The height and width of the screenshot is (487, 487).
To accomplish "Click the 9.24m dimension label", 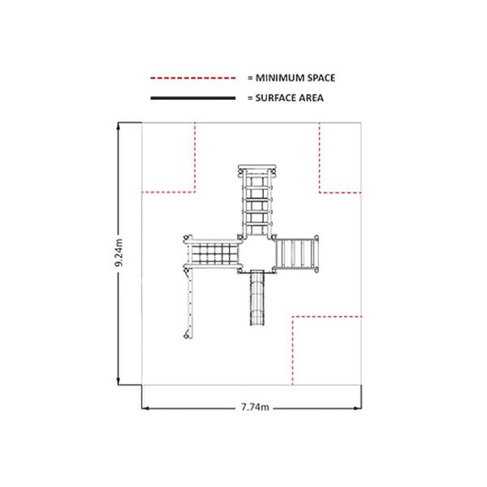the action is [119, 252].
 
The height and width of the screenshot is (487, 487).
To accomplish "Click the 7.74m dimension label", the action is [255, 407].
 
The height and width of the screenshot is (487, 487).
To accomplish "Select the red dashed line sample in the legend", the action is [193, 78].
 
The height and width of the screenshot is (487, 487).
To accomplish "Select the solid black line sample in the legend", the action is [193, 98].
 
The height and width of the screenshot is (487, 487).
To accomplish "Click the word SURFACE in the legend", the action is [275, 98].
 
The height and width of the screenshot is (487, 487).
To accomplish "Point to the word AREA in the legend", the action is [311, 98].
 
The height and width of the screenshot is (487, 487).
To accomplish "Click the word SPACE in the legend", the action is [321, 78].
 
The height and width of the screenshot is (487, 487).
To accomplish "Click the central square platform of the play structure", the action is [257, 254].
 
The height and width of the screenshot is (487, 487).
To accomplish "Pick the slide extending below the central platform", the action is [257, 298].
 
